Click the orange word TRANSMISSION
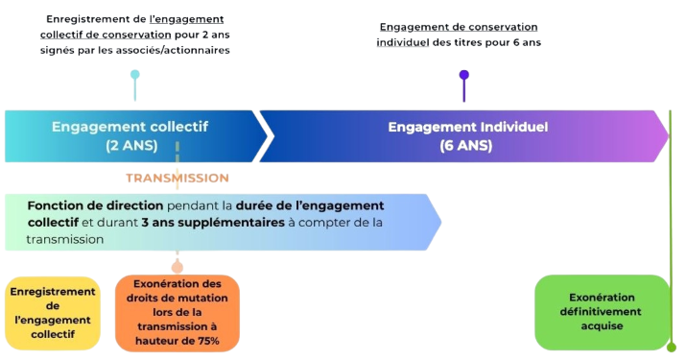point(177,178)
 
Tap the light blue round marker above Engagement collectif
point(134,74)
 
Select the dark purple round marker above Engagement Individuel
point(464,74)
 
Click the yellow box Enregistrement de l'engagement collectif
point(52,312)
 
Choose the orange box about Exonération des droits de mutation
point(177,312)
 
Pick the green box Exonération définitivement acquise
point(602,312)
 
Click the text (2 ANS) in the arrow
point(130,146)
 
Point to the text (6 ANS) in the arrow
point(466,146)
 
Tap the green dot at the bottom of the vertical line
point(672,346)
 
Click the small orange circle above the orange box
point(177,267)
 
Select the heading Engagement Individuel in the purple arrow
point(467,127)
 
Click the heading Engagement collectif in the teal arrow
point(130,127)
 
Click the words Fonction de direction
point(95,205)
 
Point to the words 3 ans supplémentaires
point(204,222)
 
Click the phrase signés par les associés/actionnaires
point(138,50)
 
